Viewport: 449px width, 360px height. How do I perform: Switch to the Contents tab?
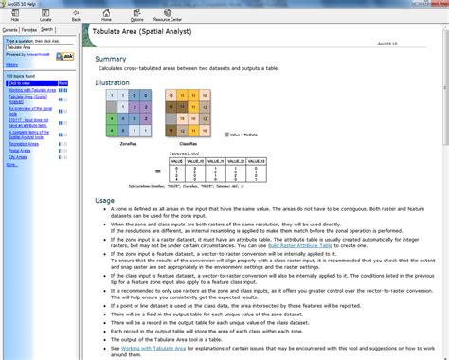coord(11,29)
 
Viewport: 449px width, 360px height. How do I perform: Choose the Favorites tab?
coord(30,29)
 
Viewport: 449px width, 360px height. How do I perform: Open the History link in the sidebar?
coord(12,64)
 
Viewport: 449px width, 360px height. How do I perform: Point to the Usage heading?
coord(105,200)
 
